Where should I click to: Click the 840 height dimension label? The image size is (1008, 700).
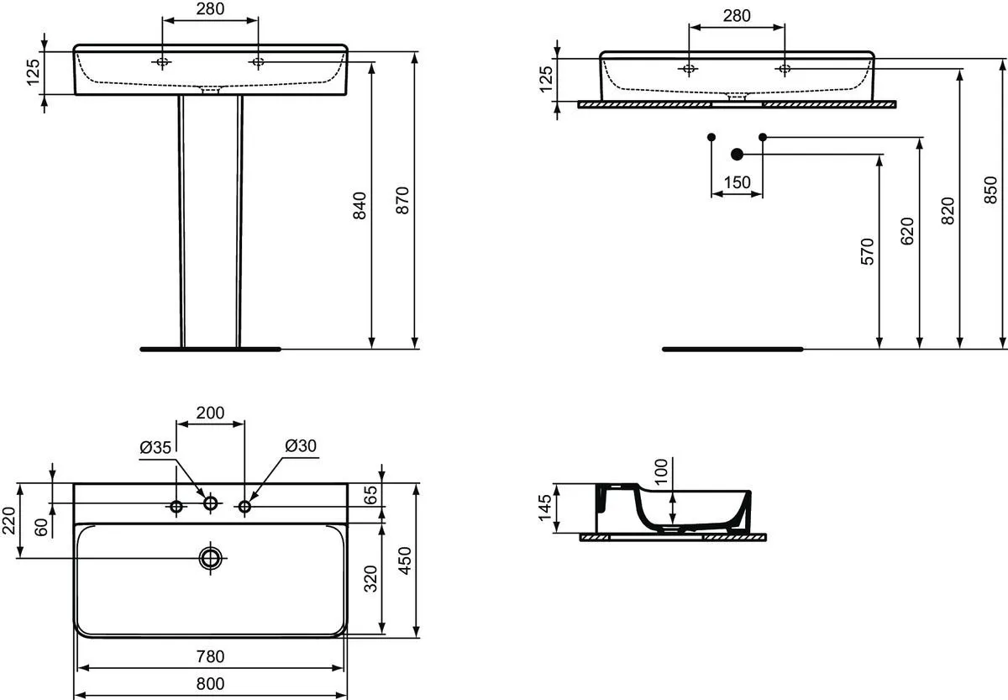click(360, 206)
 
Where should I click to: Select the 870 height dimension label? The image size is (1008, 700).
click(402, 200)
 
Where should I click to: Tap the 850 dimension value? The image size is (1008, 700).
click(990, 190)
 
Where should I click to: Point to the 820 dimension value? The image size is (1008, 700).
click(948, 211)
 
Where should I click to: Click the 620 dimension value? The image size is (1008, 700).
click(907, 231)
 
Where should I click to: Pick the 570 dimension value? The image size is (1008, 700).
click(867, 251)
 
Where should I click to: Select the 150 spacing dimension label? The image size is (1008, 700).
click(738, 182)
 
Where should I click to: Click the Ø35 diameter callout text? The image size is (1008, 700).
click(155, 447)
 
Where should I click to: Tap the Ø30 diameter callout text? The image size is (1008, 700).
click(301, 445)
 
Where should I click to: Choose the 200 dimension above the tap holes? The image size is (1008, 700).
click(210, 413)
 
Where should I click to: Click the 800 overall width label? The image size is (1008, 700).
click(210, 684)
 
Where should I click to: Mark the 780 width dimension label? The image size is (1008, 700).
click(210, 657)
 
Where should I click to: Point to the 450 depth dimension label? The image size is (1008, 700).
click(406, 561)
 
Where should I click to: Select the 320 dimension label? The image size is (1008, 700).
click(370, 579)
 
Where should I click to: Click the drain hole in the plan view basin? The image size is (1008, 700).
click(211, 558)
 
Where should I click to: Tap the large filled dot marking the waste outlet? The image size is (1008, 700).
click(738, 155)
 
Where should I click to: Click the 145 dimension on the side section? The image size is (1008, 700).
click(544, 508)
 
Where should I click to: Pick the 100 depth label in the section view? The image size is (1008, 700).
click(661, 471)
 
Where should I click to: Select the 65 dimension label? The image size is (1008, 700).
click(370, 495)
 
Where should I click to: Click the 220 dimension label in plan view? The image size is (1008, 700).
click(9, 520)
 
